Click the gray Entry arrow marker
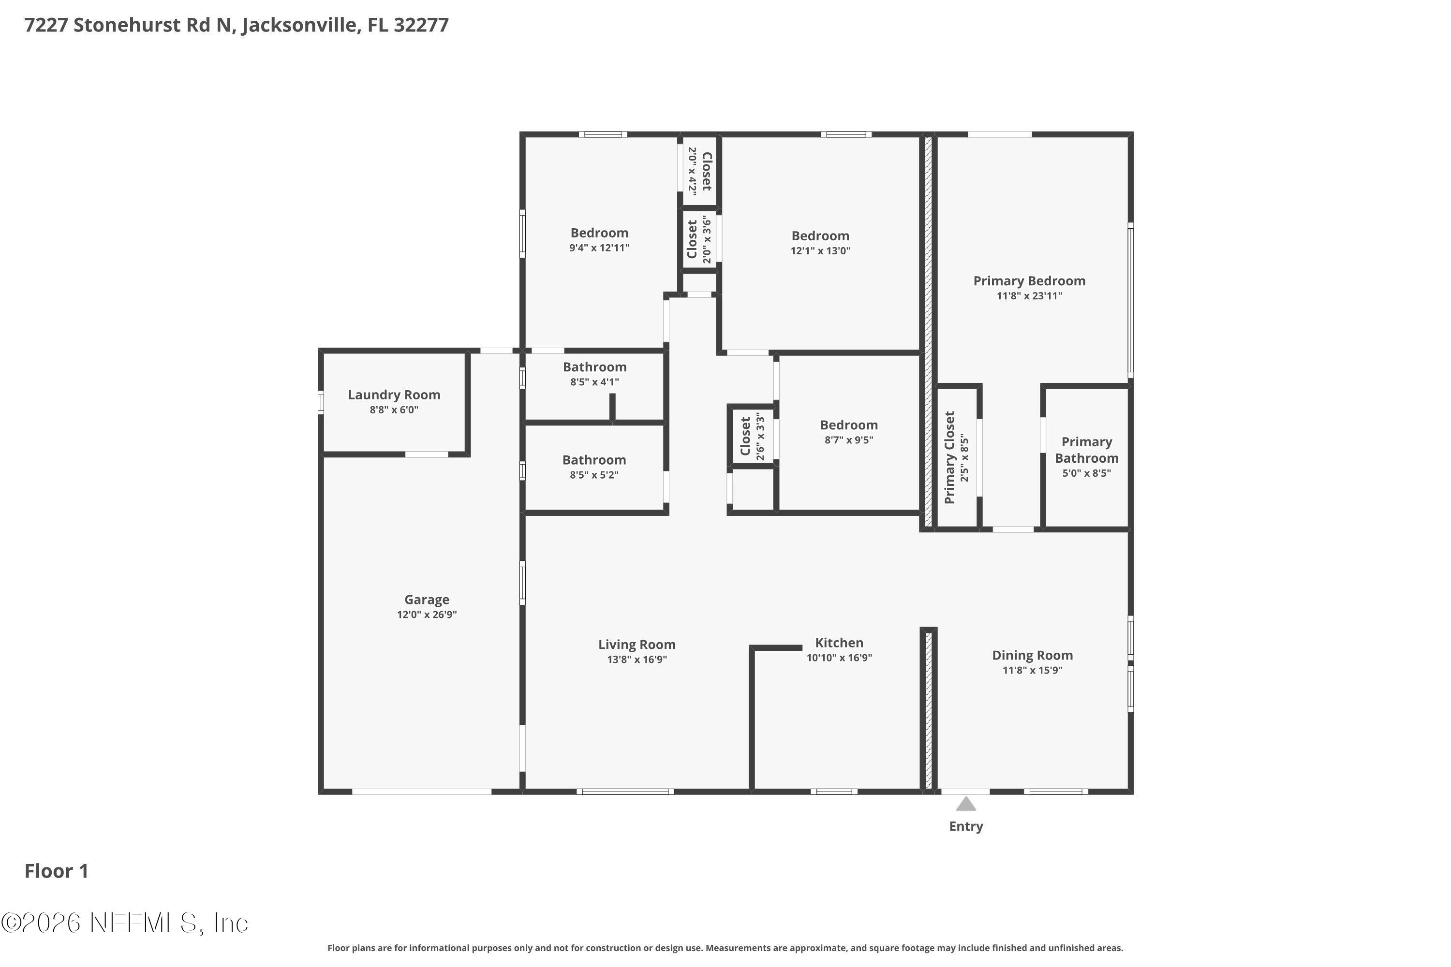965,804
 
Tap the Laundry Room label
394,395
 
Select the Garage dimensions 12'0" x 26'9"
426,614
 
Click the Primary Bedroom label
1029,280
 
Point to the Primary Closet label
949,457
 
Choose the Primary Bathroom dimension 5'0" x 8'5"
1086,473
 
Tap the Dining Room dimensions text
1032,670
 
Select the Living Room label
637,645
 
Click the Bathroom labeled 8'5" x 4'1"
594,367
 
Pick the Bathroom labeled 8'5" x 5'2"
593,460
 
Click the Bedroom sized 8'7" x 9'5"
848,425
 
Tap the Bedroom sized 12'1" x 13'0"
820,235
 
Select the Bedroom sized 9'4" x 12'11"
599,233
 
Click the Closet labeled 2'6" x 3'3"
745,436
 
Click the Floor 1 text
56,871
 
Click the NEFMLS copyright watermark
125,923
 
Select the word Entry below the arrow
965,826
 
